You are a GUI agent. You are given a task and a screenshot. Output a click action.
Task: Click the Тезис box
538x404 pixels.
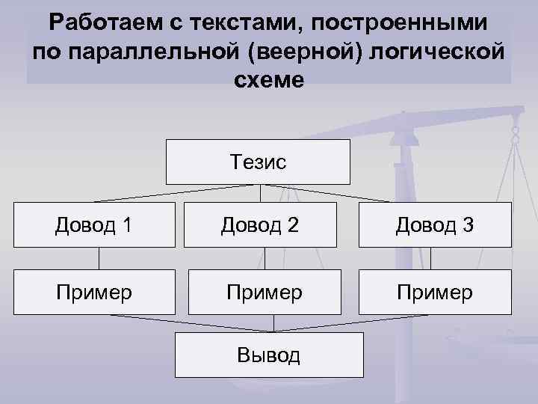tap(259, 162)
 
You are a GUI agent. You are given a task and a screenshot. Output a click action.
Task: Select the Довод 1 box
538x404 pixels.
tap(94, 224)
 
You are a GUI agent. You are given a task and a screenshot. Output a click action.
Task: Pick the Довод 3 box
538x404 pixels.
tap(435, 224)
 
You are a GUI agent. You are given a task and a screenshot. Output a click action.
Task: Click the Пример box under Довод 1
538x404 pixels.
tap(94, 292)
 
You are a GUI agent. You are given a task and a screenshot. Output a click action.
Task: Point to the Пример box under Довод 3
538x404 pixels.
tap(435, 292)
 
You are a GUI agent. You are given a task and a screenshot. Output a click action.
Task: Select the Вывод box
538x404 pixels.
tap(269, 355)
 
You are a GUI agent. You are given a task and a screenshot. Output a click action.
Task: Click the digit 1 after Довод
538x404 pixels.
tap(127, 224)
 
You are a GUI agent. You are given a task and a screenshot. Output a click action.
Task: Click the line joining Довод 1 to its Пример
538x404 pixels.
tap(99, 258)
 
